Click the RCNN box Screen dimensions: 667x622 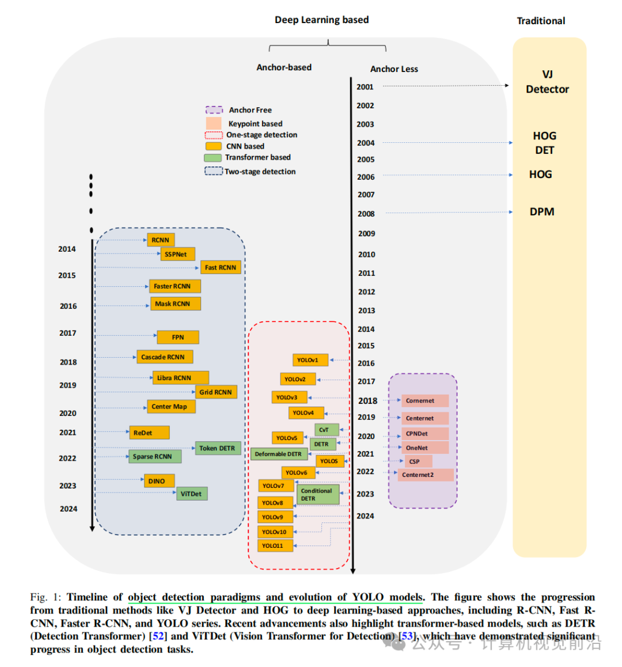(161, 240)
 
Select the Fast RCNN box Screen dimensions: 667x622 (221, 267)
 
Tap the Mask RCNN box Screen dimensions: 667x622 (173, 304)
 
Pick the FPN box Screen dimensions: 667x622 (178, 337)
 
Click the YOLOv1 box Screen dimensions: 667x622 (310, 360)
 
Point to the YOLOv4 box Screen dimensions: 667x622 (305, 412)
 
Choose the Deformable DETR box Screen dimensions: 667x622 (278, 454)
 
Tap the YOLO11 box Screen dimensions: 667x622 (275, 545)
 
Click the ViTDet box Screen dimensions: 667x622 (192, 494)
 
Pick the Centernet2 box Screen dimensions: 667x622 (425, 475)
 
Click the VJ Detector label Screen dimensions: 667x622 (547, 82)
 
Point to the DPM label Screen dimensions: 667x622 (542, 212)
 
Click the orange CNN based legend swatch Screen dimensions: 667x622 (213, 146)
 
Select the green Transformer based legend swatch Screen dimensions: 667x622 (213, 158)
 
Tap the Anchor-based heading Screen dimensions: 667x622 (284, 67)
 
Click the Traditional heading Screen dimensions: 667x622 (541, 21)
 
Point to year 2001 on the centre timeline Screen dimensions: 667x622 (365, 87)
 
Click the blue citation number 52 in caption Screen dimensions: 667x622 (157, 636)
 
